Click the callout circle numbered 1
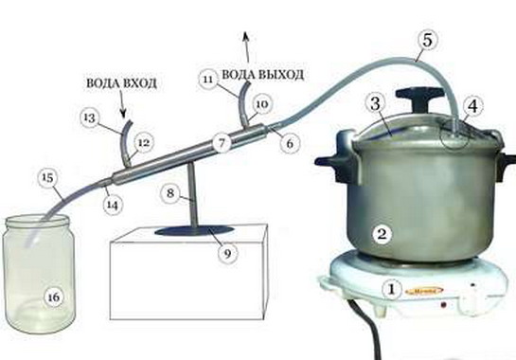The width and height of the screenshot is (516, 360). click(392, 289)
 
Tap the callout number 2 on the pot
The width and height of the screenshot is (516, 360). click(382, 234)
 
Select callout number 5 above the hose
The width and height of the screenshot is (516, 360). click(427, 41)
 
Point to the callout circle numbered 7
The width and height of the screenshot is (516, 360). click(222, 143)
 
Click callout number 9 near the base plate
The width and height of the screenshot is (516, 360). click(228, 253)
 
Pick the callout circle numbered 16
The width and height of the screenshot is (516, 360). click(54, 297)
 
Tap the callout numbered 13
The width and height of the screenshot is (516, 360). click(90, 117)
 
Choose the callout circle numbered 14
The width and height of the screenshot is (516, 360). click(112, 206)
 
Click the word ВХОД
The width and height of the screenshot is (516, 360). click(140, 83)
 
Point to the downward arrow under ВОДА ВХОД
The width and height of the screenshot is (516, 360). click(123, 105)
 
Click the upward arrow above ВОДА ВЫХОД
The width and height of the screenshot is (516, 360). click(246, 47)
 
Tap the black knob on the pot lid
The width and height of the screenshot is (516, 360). click(418, 98)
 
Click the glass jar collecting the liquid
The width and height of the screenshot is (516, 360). click(39, 274)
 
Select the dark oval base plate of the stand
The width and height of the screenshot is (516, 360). click(195, 231)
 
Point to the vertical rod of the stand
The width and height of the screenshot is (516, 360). click(192, 196)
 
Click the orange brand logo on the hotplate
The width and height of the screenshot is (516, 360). click(424, 291)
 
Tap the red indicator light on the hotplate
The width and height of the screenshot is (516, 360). click(444, 305)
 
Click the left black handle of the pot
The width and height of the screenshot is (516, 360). click(336, 161)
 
